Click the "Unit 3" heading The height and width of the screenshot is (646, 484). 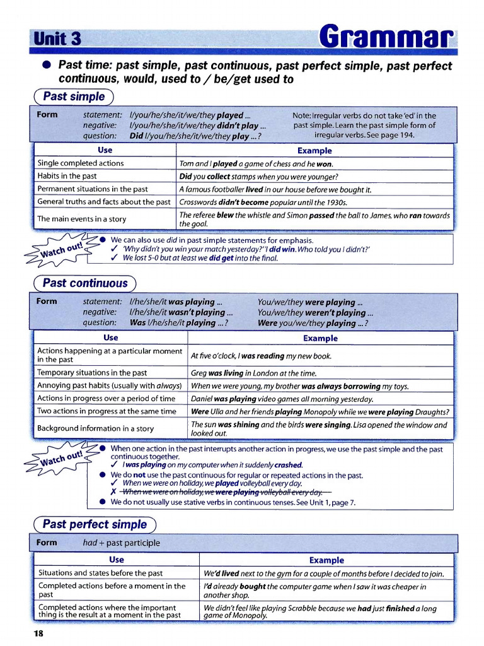[58, 38]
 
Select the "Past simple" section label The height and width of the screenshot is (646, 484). [74, 97]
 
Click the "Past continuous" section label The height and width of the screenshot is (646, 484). [84, 283]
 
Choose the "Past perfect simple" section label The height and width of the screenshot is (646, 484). [94, 524]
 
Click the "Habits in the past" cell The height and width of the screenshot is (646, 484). [67, 176]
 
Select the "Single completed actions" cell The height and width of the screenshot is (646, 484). [81, 163]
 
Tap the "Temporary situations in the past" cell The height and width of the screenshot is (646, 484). [92, 373]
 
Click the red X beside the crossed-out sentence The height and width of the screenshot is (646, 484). [113, 492]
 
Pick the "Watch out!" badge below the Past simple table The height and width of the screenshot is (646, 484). [61, 249]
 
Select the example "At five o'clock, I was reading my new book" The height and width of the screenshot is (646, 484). [261, 356]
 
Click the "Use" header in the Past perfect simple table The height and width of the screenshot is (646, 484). [117, 560]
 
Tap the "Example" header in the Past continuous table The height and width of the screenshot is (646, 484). [320, 338]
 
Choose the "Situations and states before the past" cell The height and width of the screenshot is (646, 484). [100, 573]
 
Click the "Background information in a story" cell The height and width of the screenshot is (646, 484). [95, 428]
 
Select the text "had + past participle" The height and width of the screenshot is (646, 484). [122, 543]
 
